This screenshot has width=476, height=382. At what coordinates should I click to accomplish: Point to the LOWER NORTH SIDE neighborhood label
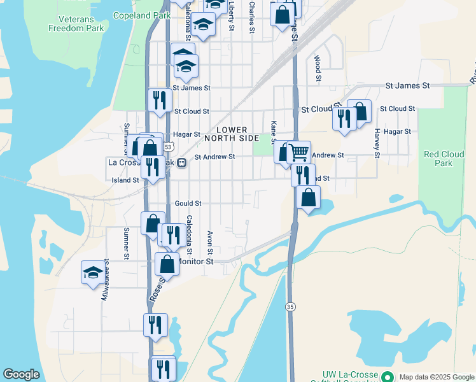click(232, 133)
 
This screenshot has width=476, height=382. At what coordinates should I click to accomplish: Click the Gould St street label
click(188, 203)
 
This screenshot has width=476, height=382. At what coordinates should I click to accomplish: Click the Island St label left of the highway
click(126, 180)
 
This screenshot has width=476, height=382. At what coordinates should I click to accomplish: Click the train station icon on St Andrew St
click(181, 162)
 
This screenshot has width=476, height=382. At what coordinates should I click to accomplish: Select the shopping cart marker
click(300, 152)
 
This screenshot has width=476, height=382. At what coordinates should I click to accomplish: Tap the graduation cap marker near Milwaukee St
click(92, 272)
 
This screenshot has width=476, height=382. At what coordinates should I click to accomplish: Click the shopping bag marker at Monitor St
click(167, 264)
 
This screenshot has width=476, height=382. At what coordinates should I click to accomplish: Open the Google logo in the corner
click(21, 374)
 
